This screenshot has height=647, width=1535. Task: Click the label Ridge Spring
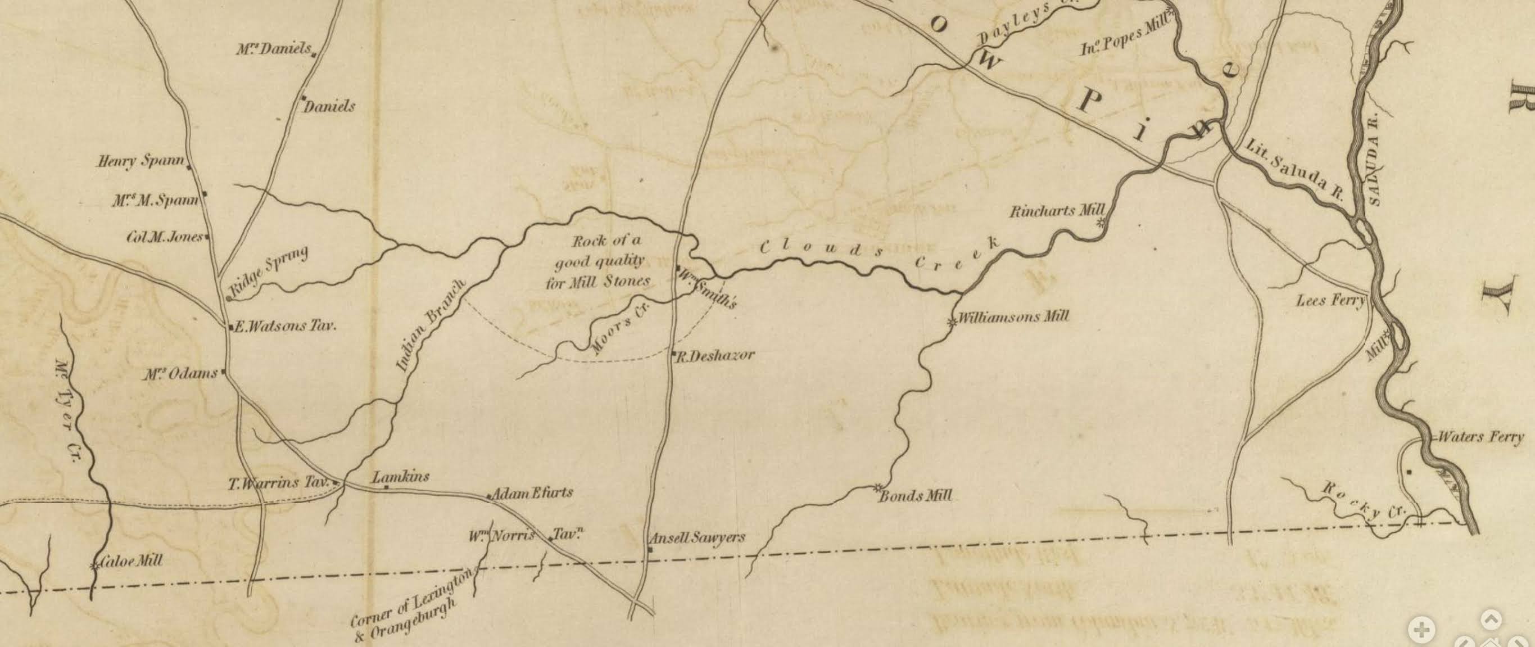click(x=270, y=270)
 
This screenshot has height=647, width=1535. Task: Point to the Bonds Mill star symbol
click(x=877, y=488)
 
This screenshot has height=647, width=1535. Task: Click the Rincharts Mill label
click(x=1057, y=211)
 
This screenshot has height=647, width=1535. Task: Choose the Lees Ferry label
click(x=1330, y=300)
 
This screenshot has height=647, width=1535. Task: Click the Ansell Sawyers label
click(x=697, y=537)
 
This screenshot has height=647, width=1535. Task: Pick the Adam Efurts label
click(x=532, y=492)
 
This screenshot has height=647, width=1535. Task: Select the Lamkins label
click(x=400, y=477)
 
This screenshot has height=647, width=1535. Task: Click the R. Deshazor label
click(x=715, y=356)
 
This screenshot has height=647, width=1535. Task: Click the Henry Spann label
click(x=141, y=161)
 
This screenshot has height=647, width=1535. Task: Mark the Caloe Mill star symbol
click(x=94, y=566)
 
